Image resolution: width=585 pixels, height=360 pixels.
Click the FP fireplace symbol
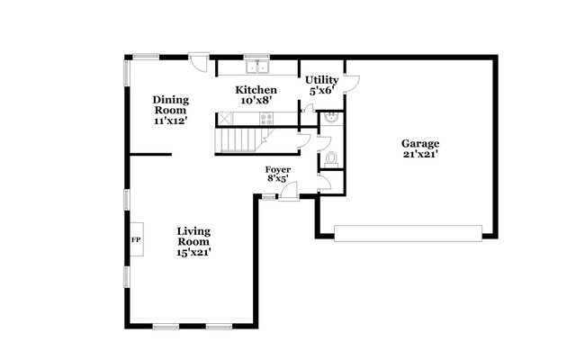click(x=136, y=240)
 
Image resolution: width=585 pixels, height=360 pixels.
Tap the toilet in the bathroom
click(x=330, y=159)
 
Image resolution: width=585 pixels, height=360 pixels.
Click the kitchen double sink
click(x=259, y=66)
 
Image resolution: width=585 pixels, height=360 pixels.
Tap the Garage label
click(x=419, y=143)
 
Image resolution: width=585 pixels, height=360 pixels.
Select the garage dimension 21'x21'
click(x=419, y=154)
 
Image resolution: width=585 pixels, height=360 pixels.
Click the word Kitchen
click(x=256, y=90)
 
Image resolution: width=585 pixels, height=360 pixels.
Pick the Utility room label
click(x=321, y=80)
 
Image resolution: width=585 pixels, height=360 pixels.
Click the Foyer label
click(x=277, y=169)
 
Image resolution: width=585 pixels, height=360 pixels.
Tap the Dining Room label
click(x=169, y=104)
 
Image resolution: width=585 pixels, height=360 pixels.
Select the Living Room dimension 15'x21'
click(x=193, y=253)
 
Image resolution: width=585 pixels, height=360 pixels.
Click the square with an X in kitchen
click(x=225, y=117)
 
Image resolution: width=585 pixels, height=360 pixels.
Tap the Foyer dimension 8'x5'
click(x=277, y=179)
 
